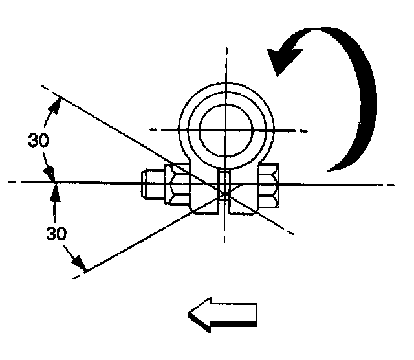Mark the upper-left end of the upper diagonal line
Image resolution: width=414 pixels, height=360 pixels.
point(42,86)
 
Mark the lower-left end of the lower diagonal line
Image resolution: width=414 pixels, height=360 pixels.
point(76,277)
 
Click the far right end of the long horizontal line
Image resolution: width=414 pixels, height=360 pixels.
point(395,184)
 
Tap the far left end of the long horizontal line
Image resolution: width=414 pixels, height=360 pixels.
point(10,183)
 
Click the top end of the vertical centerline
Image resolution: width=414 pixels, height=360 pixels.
point(225,47)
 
